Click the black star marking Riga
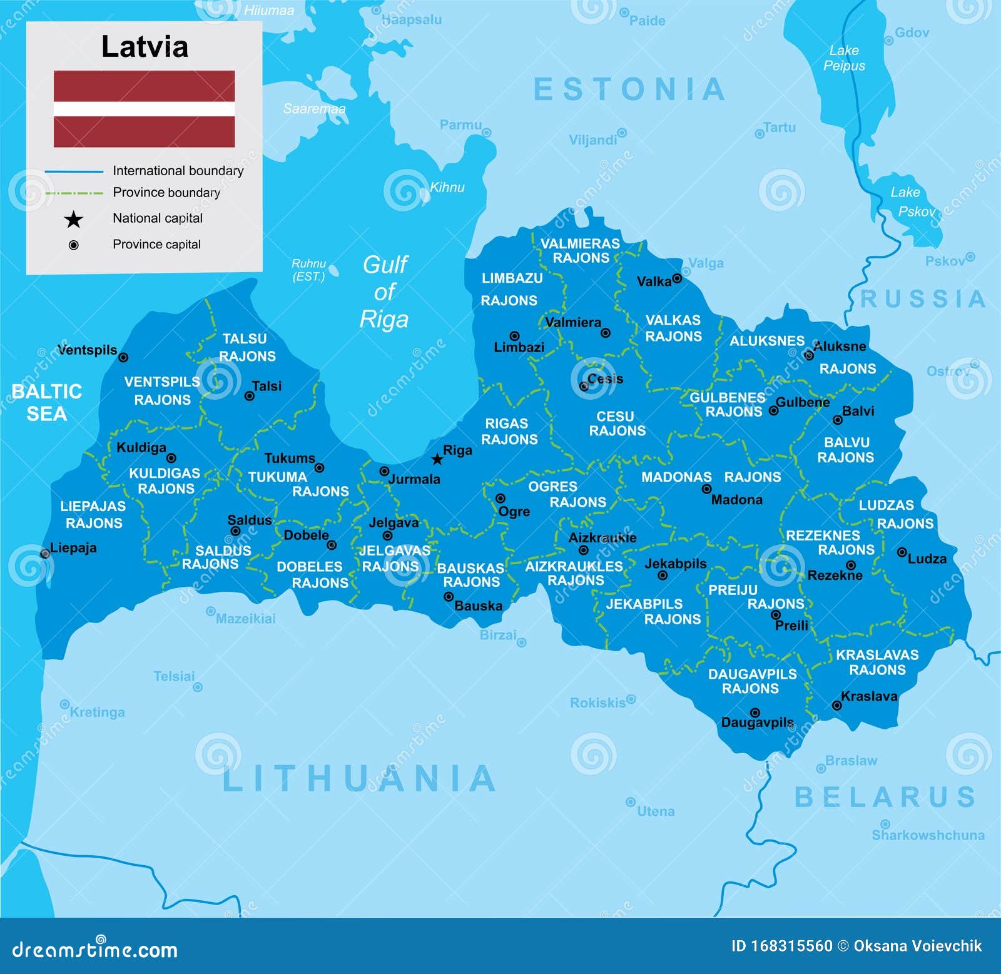click(437, 460)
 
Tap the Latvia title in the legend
click(145, 47)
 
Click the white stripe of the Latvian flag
click(144, 109)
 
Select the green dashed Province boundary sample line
click(74, 193)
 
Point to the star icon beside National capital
click(73, 220)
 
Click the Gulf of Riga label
click(385, 292)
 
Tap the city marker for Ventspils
click(123, 357)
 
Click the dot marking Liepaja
click(45, 554)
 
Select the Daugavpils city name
click(757, 723)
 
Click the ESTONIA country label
click(629, 89)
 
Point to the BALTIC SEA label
click(46, 403)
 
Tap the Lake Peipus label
click(844, 58)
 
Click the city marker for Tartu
click(760, 133)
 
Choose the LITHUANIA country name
click(360, 778)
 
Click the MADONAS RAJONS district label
click(711, 477)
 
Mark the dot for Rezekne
click(850, 566)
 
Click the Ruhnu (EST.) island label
click(308, 270)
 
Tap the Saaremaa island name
click(314, 109)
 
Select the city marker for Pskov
click(970, 256)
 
